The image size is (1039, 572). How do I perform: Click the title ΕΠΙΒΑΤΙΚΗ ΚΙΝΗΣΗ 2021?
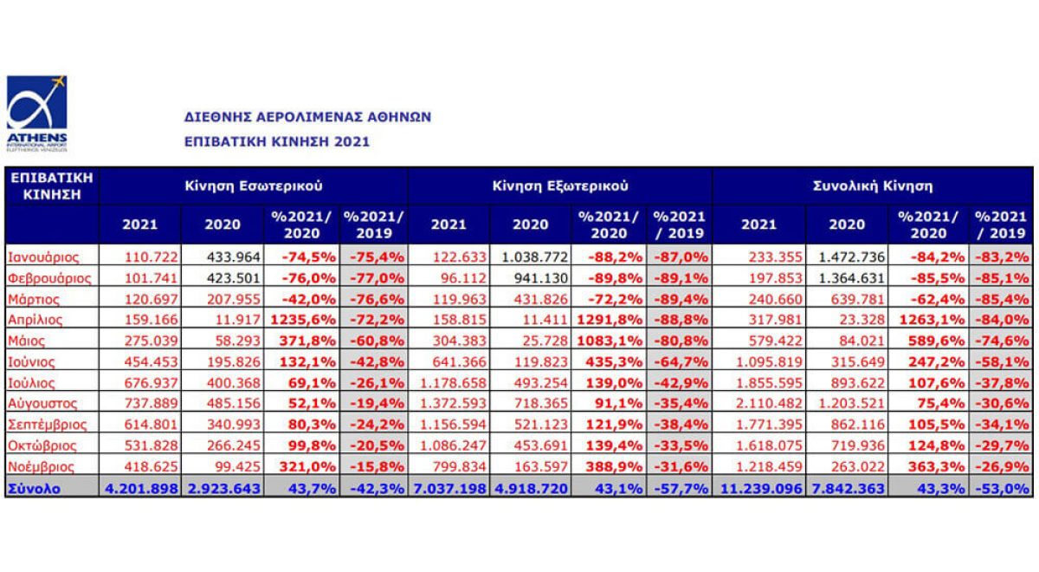277,141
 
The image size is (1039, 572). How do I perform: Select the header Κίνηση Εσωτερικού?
253,185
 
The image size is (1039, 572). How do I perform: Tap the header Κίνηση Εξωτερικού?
560,185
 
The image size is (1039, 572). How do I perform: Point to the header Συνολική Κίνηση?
873,185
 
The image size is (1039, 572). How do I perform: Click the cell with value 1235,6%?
303,320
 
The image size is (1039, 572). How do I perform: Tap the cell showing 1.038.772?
530,257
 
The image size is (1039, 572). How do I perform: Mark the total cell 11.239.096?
758,488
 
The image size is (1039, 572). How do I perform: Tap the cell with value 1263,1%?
925,320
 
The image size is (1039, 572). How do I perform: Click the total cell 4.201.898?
142,488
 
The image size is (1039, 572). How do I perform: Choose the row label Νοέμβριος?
42,467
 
